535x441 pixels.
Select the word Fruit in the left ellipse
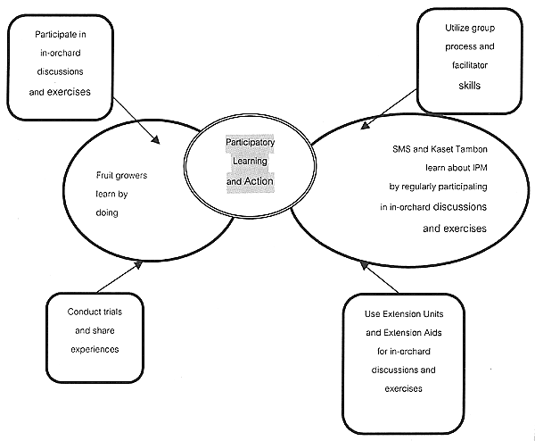click(x=106, y=176)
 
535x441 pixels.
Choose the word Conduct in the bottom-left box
click(x=84, y=312)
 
